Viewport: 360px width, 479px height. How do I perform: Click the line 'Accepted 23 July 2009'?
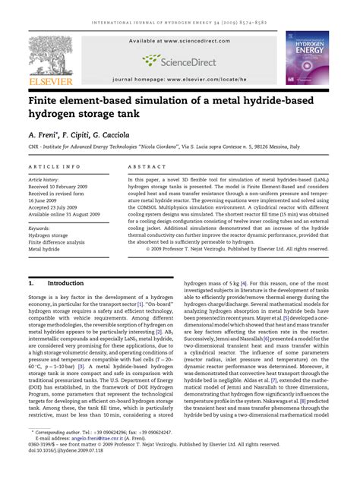[58, 207]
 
